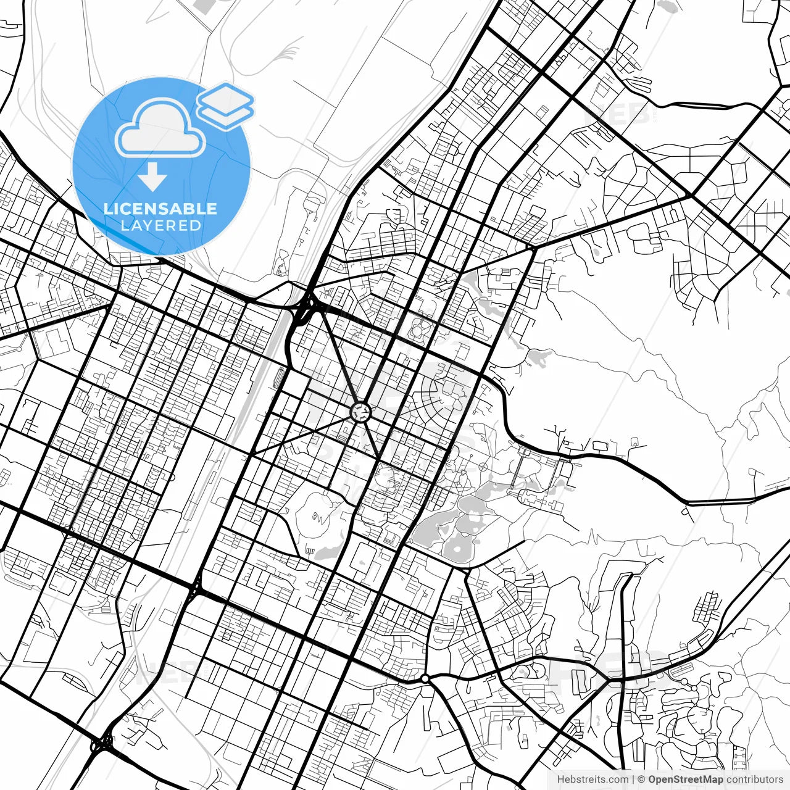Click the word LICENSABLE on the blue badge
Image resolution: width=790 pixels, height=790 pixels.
(x=160, y=209)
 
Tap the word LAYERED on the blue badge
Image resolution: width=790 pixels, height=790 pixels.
(x=160, y=225)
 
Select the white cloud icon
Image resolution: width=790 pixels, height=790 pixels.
(x=160, y=130)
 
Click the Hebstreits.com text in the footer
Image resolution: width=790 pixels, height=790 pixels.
(x=592, y=780)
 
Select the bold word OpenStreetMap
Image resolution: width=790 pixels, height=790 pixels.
(x=685, y=780)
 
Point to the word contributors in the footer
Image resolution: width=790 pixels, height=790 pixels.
(x=754, y=780)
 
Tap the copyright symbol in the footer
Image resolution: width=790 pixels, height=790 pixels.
(x=642, y=780)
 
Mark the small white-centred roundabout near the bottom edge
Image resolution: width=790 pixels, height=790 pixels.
(x=425, y=679)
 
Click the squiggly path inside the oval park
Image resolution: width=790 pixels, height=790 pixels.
(x=320, y=517)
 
